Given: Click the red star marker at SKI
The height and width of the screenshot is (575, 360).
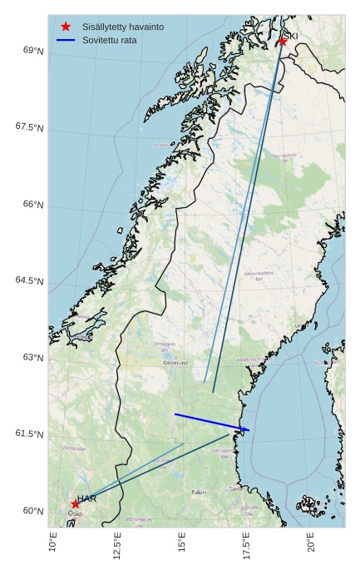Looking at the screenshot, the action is point(283,41).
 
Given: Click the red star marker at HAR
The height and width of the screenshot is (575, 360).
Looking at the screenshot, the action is point(76,503).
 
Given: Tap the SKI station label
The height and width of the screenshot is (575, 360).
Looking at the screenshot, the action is point(291,36).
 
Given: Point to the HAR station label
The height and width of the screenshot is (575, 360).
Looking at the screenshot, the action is point(87,498).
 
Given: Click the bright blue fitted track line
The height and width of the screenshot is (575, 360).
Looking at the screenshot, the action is point(212,422).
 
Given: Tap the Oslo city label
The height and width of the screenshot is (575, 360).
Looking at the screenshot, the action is point(75,513).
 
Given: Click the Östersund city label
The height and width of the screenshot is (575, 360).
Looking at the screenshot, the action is point(176,363).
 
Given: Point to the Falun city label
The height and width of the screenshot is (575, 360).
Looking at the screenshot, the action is point(198,492).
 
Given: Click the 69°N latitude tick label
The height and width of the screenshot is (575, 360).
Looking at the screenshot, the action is point(33,51).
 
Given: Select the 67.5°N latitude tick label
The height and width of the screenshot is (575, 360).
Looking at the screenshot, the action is point(30,127).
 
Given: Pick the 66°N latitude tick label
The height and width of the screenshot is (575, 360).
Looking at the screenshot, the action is point(33,204).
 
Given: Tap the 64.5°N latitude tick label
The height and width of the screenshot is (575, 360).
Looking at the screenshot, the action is point(30,280).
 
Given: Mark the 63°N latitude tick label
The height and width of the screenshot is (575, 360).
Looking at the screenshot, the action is point(33,357).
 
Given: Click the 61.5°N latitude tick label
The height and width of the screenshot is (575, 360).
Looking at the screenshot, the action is point(30,434).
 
